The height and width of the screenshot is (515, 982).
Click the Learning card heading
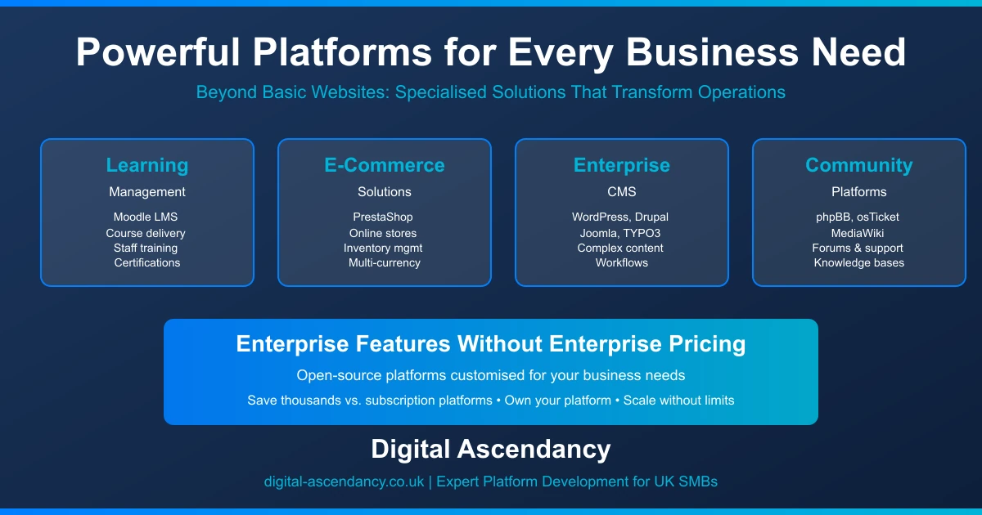click(147, 165)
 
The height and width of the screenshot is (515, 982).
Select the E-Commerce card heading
click(385, 165)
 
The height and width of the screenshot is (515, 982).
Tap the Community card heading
click(859, 165)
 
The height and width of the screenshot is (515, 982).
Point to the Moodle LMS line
click(147, 217)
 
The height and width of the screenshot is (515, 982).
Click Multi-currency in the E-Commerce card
click(385, 262)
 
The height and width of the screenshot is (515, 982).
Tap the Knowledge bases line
click(859, 262)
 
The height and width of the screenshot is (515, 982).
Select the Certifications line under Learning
click(147, 262)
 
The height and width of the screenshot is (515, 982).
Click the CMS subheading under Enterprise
click(622, 192)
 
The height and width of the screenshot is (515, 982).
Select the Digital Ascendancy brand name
click(491, 449)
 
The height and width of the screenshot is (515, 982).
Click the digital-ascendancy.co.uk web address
click(344, 481)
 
